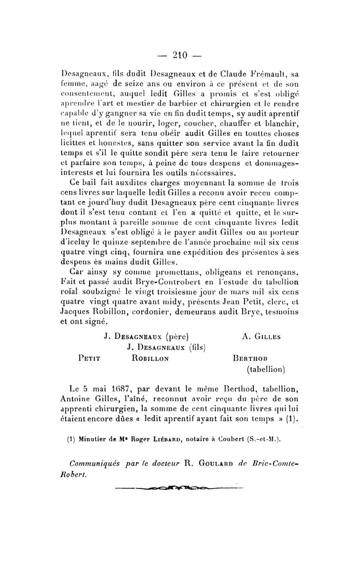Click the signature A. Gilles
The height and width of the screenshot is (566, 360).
pos(261,335)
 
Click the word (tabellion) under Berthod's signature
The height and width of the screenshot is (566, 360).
pos(267,370)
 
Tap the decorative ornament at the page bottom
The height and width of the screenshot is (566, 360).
pos(180,488)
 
